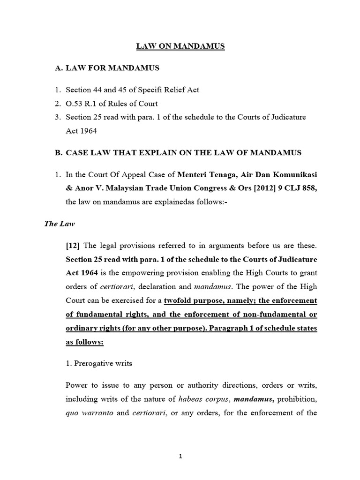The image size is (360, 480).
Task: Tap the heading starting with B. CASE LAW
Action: tap(178, 153)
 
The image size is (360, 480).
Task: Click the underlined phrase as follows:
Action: tap(84, 342)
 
